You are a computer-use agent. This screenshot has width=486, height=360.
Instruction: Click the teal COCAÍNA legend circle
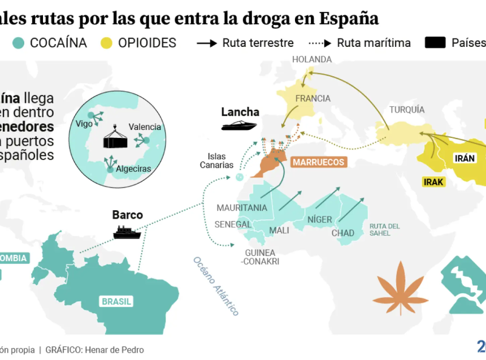coord(19,43)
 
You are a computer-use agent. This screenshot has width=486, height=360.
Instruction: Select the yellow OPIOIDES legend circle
coord(107,43)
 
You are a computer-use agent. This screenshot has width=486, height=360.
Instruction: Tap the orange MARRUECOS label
coord(318,162)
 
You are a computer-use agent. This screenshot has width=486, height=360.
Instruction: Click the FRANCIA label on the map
coord(313,98)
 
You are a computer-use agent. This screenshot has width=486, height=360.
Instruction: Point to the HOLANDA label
coord(312,59)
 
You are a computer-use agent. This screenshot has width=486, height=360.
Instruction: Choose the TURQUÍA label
coord(407,110)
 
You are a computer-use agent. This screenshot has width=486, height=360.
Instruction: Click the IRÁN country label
coord(465,158)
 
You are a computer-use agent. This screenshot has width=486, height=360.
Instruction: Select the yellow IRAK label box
coord(433,182)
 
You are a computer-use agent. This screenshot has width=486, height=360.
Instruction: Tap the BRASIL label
coord(116,301)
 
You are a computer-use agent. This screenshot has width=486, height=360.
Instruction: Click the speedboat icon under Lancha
coord(239,125)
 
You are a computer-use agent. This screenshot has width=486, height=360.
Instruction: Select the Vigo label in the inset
coord(84,124)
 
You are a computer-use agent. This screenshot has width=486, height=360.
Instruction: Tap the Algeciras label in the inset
coord(133,168)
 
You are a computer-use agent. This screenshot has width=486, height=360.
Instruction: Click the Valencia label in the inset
coord(145,127)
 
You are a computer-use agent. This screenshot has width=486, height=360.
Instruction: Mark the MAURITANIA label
coord(242,207)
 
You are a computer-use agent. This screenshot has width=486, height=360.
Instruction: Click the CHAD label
coord(342,233)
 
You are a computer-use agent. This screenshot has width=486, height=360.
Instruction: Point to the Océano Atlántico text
coord(216,286)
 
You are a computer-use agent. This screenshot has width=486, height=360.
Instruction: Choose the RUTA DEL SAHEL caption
coord(384,229)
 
